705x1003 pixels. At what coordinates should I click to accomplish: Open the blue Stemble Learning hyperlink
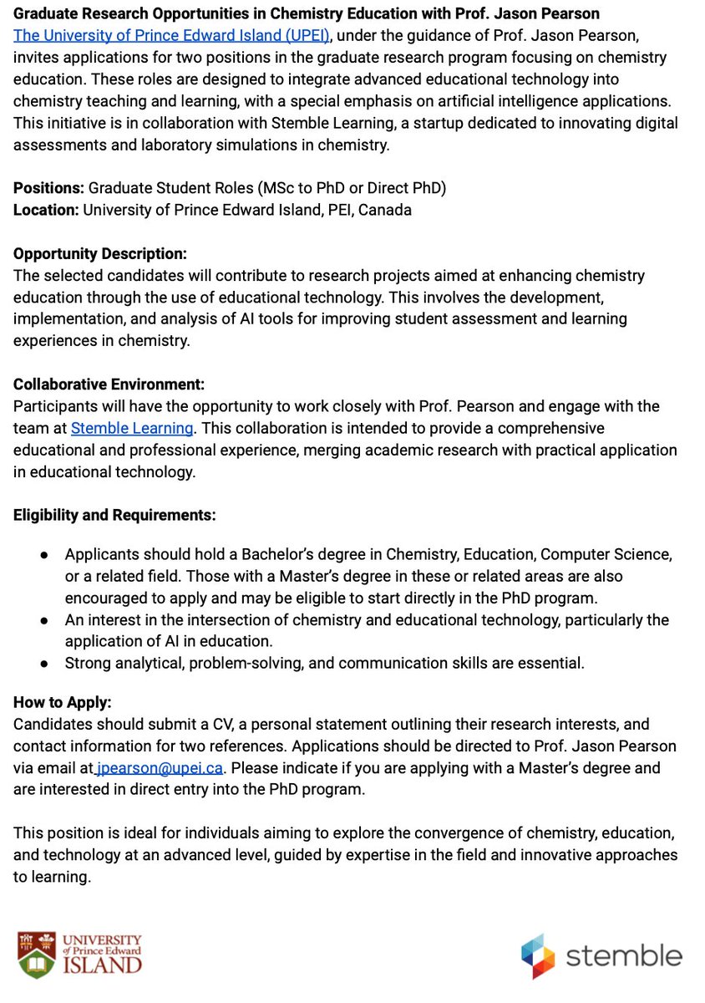132,428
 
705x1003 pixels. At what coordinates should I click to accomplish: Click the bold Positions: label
48,188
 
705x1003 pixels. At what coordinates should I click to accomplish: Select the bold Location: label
46,210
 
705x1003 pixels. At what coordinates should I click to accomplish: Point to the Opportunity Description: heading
100,253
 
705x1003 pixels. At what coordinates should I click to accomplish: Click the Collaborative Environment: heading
109,384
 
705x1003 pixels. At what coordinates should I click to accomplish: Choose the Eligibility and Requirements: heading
114,515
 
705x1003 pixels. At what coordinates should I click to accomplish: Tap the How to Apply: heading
62,702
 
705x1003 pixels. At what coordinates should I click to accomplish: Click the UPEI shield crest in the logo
36,954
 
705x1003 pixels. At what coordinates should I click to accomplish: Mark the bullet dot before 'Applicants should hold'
45,555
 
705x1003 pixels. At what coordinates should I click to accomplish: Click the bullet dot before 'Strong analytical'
45,664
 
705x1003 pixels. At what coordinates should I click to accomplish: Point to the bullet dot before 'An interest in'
45,620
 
